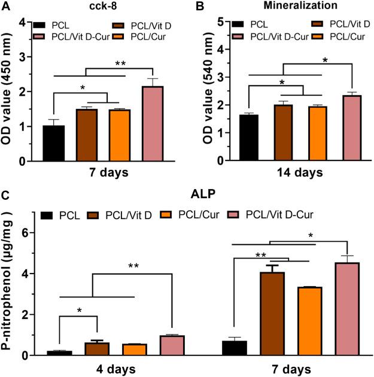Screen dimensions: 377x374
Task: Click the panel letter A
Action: (5, 7)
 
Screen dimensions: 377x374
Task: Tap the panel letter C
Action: (5, 194)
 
